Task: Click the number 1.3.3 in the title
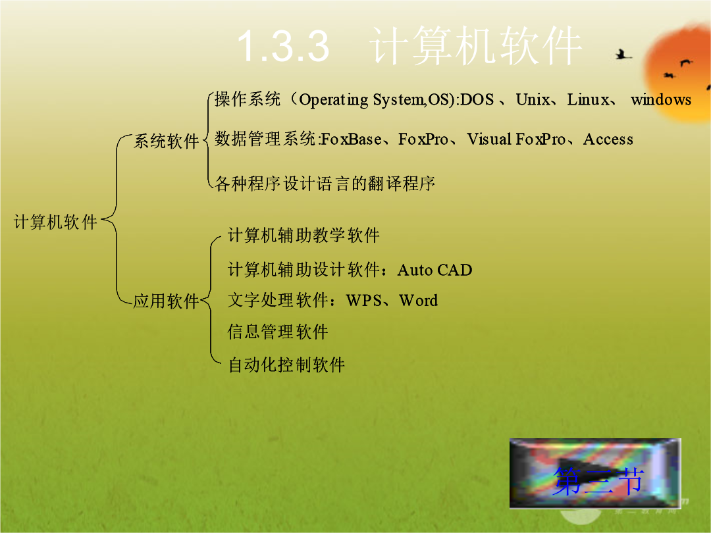283,45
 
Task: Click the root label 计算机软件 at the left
56,222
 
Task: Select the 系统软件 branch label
167,141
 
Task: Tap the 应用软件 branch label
167,301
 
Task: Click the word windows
661,99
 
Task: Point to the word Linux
588,99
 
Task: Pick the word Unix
533,99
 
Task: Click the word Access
608,139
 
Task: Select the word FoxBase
352,139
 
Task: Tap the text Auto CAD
435,270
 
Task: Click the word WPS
363,301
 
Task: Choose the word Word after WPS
419,301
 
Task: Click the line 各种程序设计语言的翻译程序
325,184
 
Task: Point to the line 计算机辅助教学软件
303,235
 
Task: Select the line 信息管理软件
278,332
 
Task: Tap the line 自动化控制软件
286,365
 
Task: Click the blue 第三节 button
595,473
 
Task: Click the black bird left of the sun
623,55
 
